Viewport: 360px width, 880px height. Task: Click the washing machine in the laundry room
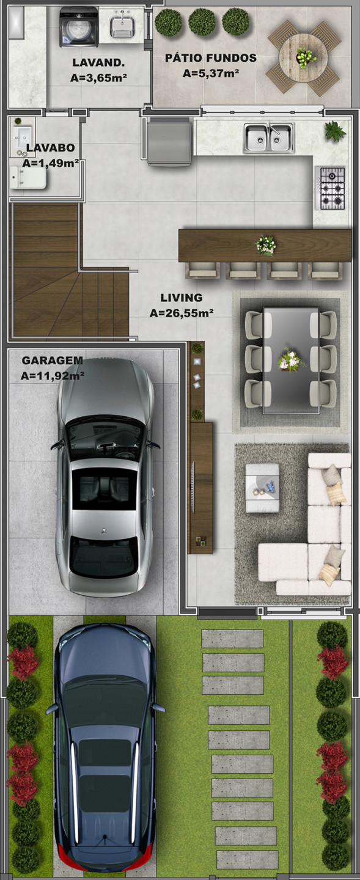79,27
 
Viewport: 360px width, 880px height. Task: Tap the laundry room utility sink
122,24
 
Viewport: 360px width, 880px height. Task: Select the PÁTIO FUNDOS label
211,58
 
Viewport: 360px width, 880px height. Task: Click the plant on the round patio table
306,57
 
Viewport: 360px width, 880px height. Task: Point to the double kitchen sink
269,137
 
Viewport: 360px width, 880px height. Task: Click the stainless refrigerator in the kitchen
170,141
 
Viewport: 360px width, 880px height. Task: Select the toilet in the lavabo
28,177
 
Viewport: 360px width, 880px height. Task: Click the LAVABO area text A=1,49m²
51,163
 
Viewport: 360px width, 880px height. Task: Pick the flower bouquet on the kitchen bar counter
266,246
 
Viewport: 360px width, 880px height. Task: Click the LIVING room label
181,298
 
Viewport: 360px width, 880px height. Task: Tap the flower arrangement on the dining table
291,360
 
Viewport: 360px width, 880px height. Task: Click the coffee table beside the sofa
263,488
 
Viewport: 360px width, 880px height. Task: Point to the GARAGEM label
53,361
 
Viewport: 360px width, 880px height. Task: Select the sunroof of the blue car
105,776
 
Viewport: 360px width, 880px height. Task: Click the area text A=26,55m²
182,313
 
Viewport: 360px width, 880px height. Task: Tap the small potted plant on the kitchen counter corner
335,131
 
